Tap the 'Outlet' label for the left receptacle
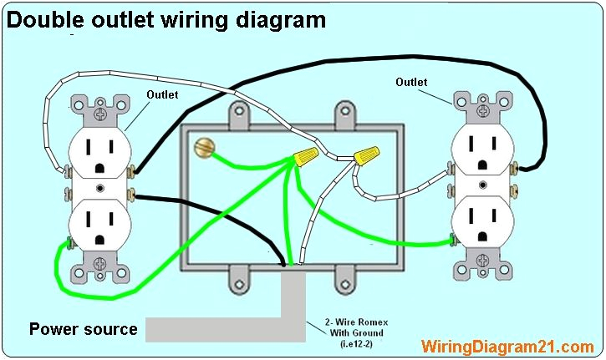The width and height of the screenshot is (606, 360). pos(162,95)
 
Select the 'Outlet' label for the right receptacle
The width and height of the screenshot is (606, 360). pos(410,82)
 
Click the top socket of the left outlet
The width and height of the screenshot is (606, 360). pos(100,150)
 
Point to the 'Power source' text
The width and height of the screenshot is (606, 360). pos(84,329)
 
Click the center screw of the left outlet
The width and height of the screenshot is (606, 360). pos(100,190)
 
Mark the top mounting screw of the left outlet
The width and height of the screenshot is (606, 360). pos(101,107)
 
